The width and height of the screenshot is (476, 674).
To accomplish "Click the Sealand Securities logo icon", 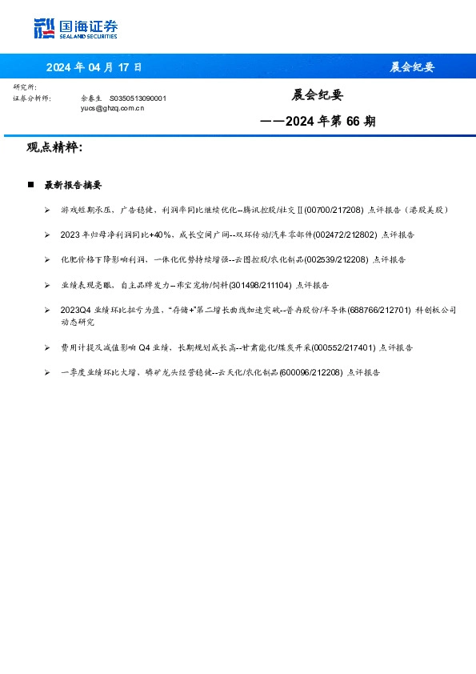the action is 45,28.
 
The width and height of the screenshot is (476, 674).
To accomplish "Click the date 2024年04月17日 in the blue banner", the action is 94,66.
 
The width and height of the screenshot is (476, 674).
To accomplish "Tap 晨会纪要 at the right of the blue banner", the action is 412,66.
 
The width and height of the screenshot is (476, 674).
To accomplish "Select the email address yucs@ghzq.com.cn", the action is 113,106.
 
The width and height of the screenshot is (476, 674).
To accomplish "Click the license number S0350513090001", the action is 138,98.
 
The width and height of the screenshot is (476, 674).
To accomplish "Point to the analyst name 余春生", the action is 90,98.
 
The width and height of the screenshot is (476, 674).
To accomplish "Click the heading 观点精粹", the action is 54,147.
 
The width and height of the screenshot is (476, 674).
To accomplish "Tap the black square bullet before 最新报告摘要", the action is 30,185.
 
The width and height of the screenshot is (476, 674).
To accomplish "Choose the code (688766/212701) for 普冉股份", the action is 378,310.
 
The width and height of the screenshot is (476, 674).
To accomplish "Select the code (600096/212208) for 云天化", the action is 312,372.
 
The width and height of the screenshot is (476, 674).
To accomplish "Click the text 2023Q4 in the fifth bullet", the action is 73,310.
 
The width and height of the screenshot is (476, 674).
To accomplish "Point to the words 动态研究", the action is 76,322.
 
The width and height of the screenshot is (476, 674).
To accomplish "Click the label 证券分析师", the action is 32,98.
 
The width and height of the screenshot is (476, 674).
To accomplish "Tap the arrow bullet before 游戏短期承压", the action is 47,209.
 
